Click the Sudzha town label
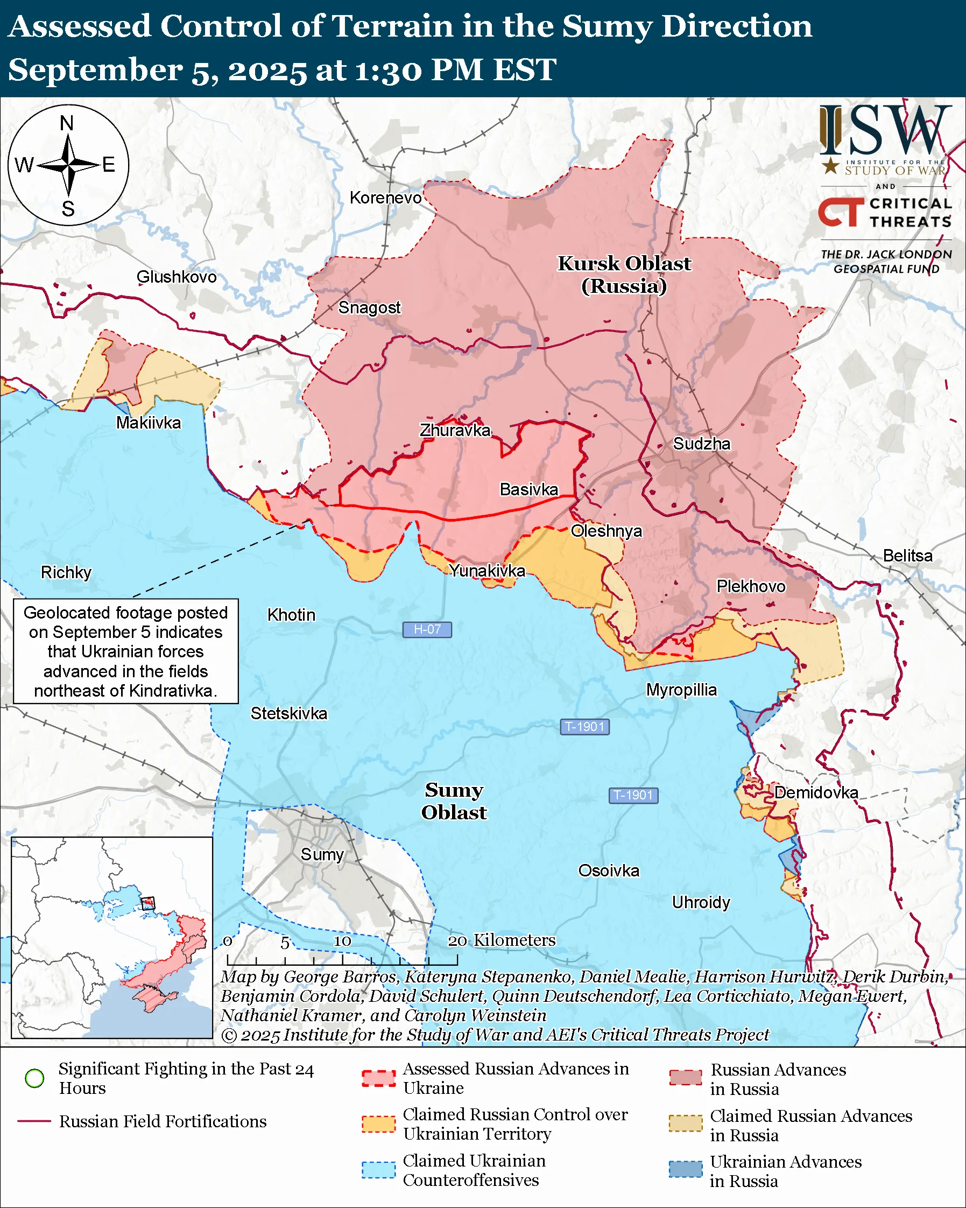point(701,444)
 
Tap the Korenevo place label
point(385,198)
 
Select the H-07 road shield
point(427,629)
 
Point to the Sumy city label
point(322,854)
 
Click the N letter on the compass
point(67,123)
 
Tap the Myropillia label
point(681,690)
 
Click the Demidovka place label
point(816,792)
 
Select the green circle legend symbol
point(35,1078)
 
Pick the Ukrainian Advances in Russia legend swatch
point(686,1169)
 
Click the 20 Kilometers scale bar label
point(502,940)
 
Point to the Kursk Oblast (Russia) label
point(624,275)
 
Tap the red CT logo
point(841,212)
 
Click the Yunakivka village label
point(487,571)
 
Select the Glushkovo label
point(177,277)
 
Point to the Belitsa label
point(907,556)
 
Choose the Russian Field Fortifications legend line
point(35,1121)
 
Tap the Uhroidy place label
point(701,902)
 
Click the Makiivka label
point(149,423)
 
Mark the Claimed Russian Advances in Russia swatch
point(686,1123)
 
